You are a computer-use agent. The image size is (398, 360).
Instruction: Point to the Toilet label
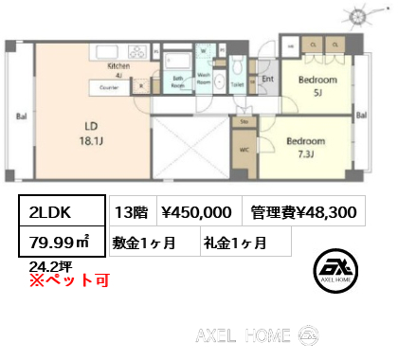[x=238, y=84]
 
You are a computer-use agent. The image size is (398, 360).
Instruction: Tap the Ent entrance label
[x=268, y=80]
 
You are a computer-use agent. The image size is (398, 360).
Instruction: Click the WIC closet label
[x=245, y=148]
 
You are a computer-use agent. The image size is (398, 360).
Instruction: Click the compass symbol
[x=361, y=17]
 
